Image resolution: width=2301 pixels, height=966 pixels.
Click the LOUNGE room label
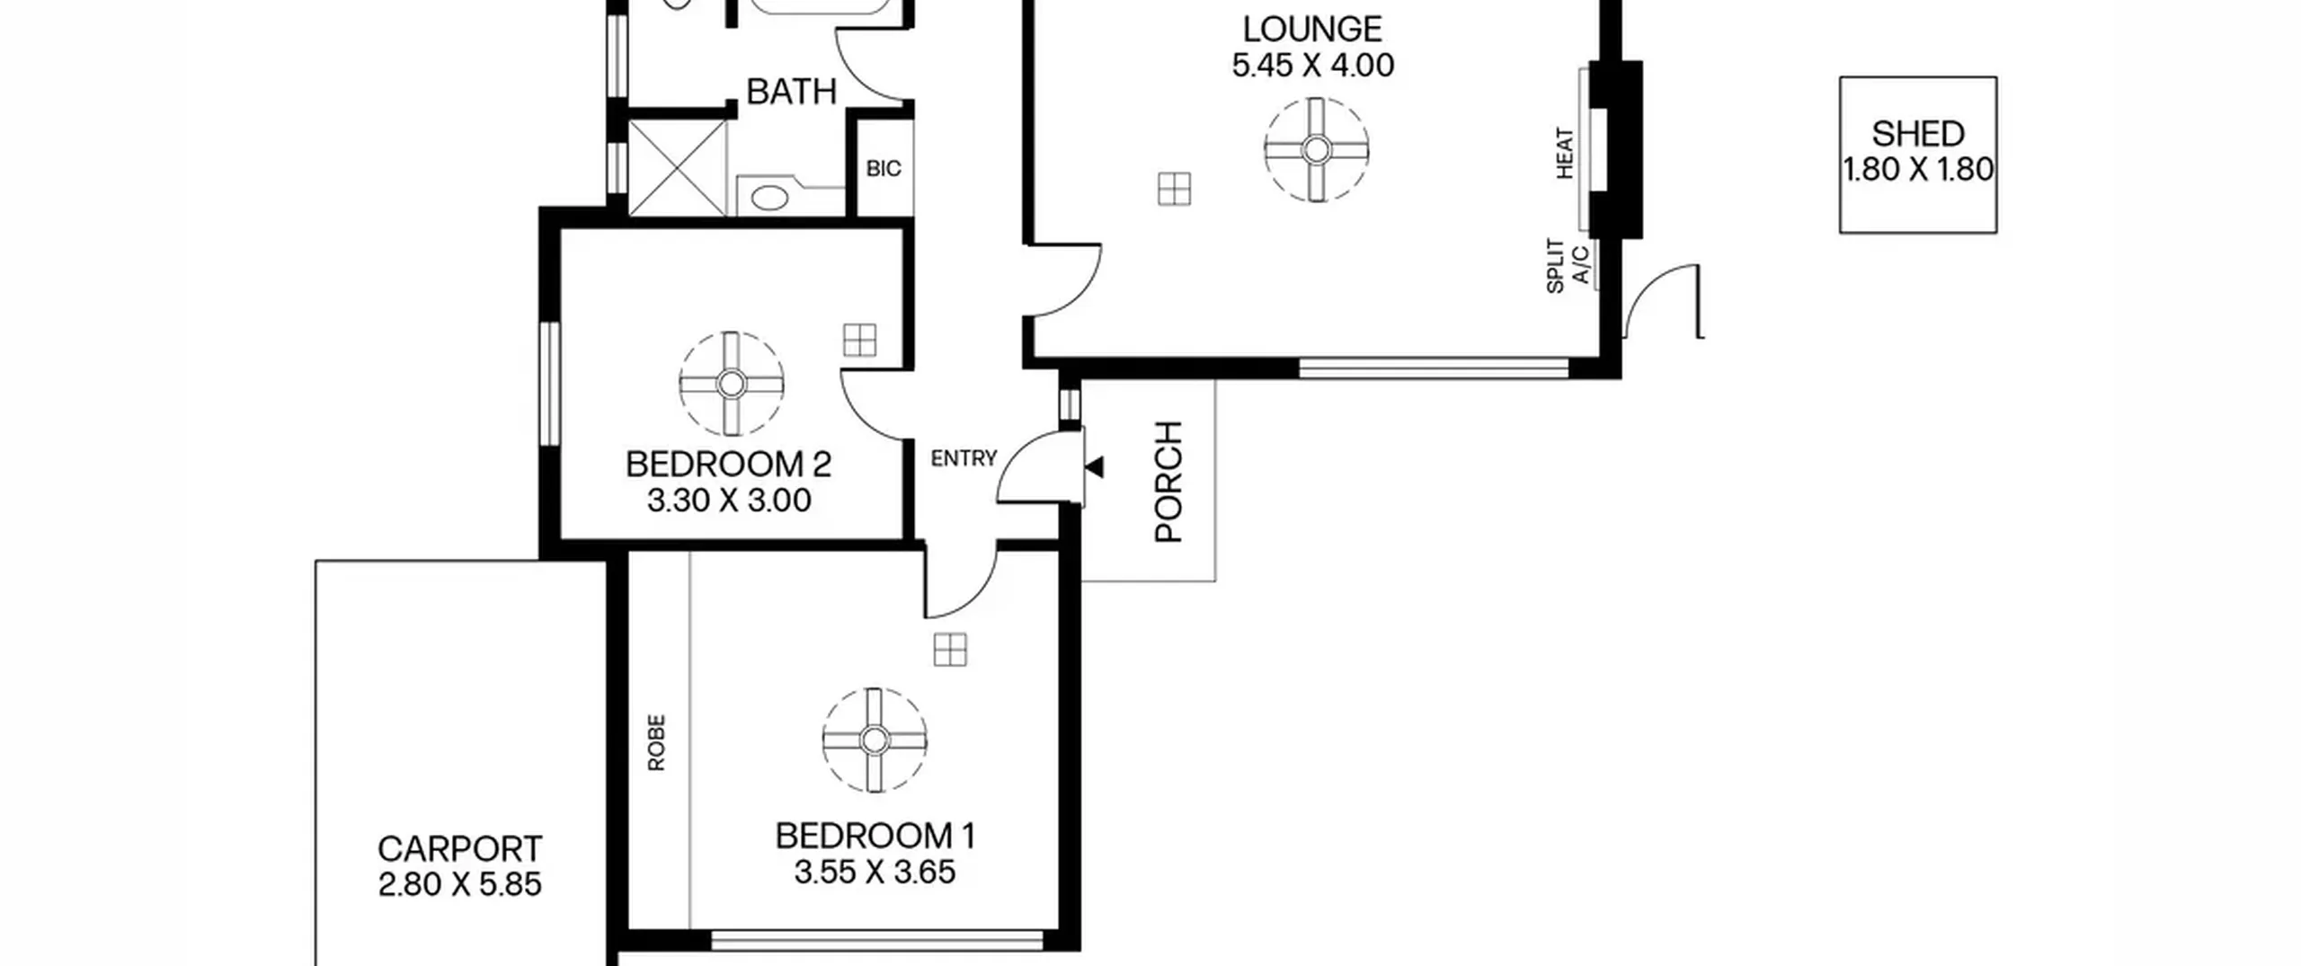tap(1312, 30)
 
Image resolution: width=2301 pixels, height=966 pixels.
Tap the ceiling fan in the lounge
tap(1316, 149)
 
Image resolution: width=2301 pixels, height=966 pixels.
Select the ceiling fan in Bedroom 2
tap(732, 384)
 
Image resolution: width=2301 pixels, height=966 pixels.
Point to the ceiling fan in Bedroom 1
tap(875, 740)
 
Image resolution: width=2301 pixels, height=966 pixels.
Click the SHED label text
tap(1918, 134)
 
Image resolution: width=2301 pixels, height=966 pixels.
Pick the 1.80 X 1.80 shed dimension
tap(1918, 169)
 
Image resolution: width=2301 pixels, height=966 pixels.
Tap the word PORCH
tap(1168, 482)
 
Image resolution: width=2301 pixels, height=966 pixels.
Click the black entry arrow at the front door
tap(1095, 467)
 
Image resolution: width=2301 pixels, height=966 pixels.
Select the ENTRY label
tap(964, 459)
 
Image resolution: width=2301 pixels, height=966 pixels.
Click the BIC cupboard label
tap(884, 169)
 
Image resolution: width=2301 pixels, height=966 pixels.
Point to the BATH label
tap(791, 92)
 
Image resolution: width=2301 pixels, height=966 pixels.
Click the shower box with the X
tap(676, 168)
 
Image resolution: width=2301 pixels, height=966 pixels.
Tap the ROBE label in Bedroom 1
tap(656, 742)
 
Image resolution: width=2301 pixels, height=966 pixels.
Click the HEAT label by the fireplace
tap(1565, 154)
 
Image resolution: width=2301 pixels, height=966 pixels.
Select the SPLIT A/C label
tap(1567, 265)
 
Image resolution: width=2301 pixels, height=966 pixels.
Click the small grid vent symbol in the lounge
tap(1174, 190)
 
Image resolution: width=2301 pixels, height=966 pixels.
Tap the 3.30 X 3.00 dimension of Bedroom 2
tap(729, 501)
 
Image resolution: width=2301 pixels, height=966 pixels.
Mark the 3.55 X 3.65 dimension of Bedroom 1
tap(875, 873)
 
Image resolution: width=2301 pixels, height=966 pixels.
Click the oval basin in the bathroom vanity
tap(769, 198)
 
